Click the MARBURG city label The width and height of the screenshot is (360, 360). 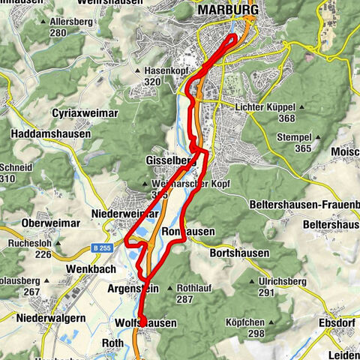tap(228, 10)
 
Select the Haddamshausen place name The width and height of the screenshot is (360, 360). tap(51, 134)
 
